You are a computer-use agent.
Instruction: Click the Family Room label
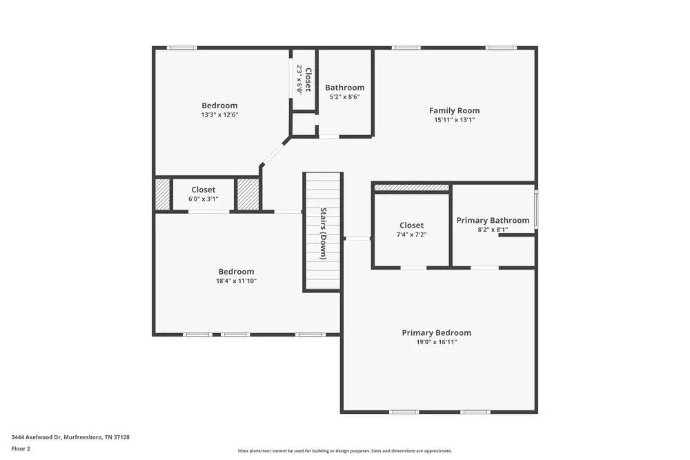coord(454,110)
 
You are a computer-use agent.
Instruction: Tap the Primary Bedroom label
coord(436,332)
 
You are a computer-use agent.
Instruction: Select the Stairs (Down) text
coord(323,232)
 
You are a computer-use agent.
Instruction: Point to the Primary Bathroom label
coord(493,221)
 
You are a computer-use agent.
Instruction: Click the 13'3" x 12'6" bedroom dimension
coord(219,115)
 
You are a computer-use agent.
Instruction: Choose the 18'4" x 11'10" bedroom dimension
coord(237,281)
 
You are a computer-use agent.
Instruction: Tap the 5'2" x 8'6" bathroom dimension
coord(344,97)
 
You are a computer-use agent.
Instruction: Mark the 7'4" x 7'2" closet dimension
coord(411,234)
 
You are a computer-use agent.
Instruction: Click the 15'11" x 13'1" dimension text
coord(454,120)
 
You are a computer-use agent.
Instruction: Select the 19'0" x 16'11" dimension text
coord(436,342)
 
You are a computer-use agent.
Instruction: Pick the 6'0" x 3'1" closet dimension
coord(203,199)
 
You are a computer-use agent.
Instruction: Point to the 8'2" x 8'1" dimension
coord(493,230)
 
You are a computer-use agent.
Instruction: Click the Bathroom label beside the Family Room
coord(344,88)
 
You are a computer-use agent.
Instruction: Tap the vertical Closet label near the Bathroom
coord(308,79)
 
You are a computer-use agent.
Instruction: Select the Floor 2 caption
coord(21,448)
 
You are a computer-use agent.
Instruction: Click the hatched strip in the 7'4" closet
coord(411,188)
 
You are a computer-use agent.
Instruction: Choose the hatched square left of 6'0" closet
coord(162,194)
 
